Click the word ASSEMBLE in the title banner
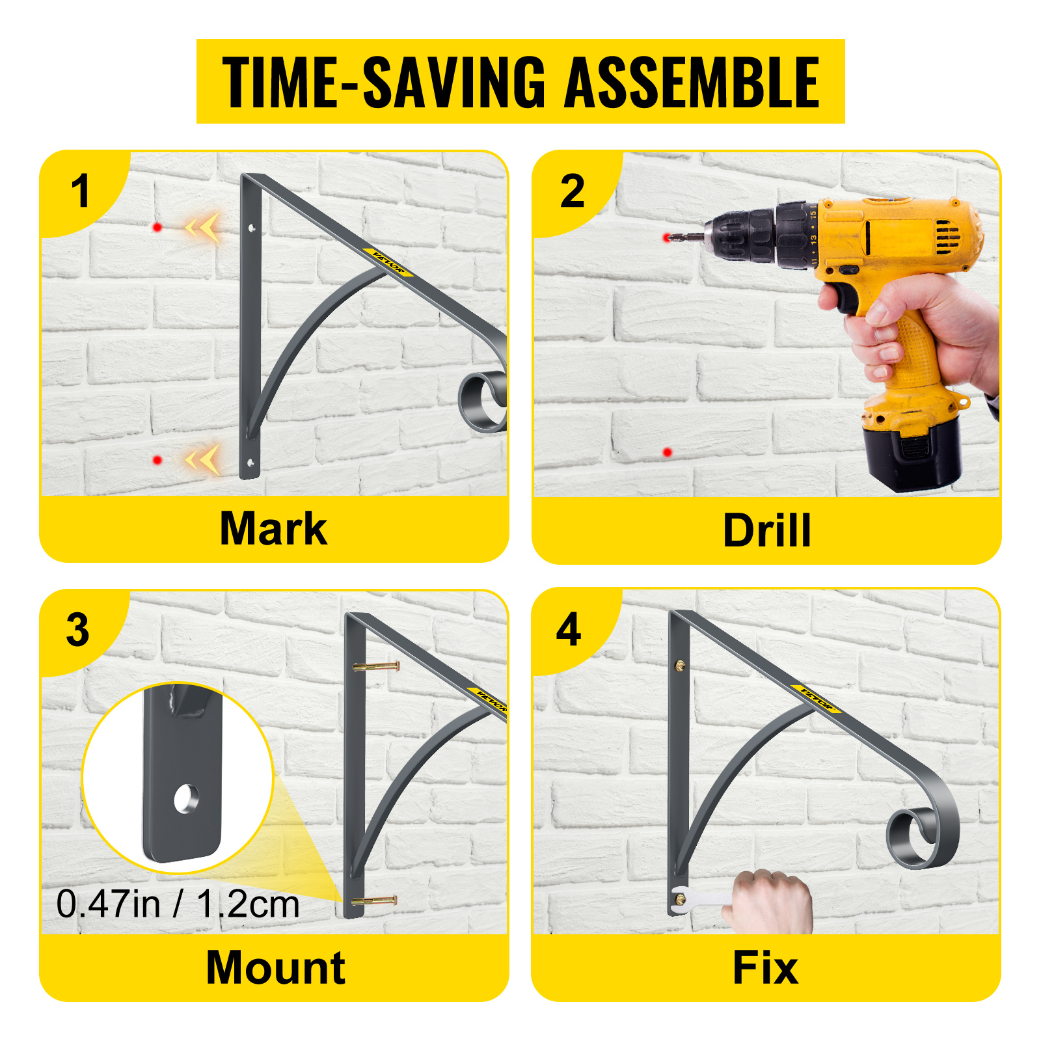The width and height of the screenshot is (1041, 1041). pyautogui.click(x=691, y=82)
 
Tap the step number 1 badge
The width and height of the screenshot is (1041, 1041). pyautogui.click(x=80, y=191)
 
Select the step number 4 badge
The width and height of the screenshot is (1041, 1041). pyautogui.click(x=569, y=630)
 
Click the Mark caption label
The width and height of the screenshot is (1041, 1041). pyautogui.click(x=273, y=528)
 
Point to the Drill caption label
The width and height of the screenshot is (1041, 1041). pyautogui.click(x=767, y=530)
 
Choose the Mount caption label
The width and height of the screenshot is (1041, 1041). pyautogui.click(x=275, y=967)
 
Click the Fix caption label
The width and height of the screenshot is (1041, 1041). pyautogui.click(x=765, y=967)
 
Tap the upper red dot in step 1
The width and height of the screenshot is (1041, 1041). pyautogui.click(x=157, y=227)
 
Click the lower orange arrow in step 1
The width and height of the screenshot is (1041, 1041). pyautogui.click(x=203, y=459)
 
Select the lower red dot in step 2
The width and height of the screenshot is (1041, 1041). pyautogui.click(x=667, y=452)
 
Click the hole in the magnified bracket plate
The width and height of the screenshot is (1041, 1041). pyautogui.click(x=186, y=799)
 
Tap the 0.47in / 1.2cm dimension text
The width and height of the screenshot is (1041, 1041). pyautogui.click(x=178, y=904)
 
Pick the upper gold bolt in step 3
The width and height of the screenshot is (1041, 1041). pyautogui.click(x=376, y=666)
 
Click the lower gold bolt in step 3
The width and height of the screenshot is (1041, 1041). pyautogui.click(x=374, y=901)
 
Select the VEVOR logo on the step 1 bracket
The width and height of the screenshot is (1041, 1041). pyautogui.click(x=388, y=262)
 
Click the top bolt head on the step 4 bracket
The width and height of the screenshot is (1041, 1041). pyautogui.click(x=680, y=666)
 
